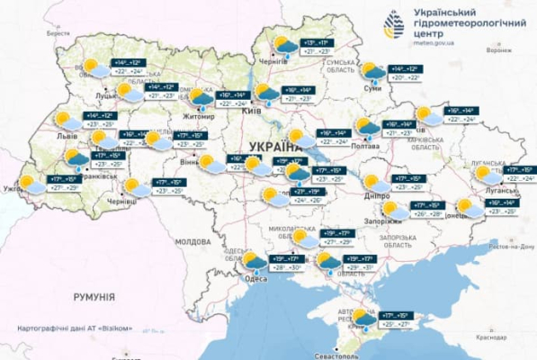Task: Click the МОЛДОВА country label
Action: [192, 242]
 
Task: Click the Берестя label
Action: [58, 32]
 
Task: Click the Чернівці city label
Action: [120, 202]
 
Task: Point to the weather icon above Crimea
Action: [364, 318]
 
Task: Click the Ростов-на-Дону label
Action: [506, 245]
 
